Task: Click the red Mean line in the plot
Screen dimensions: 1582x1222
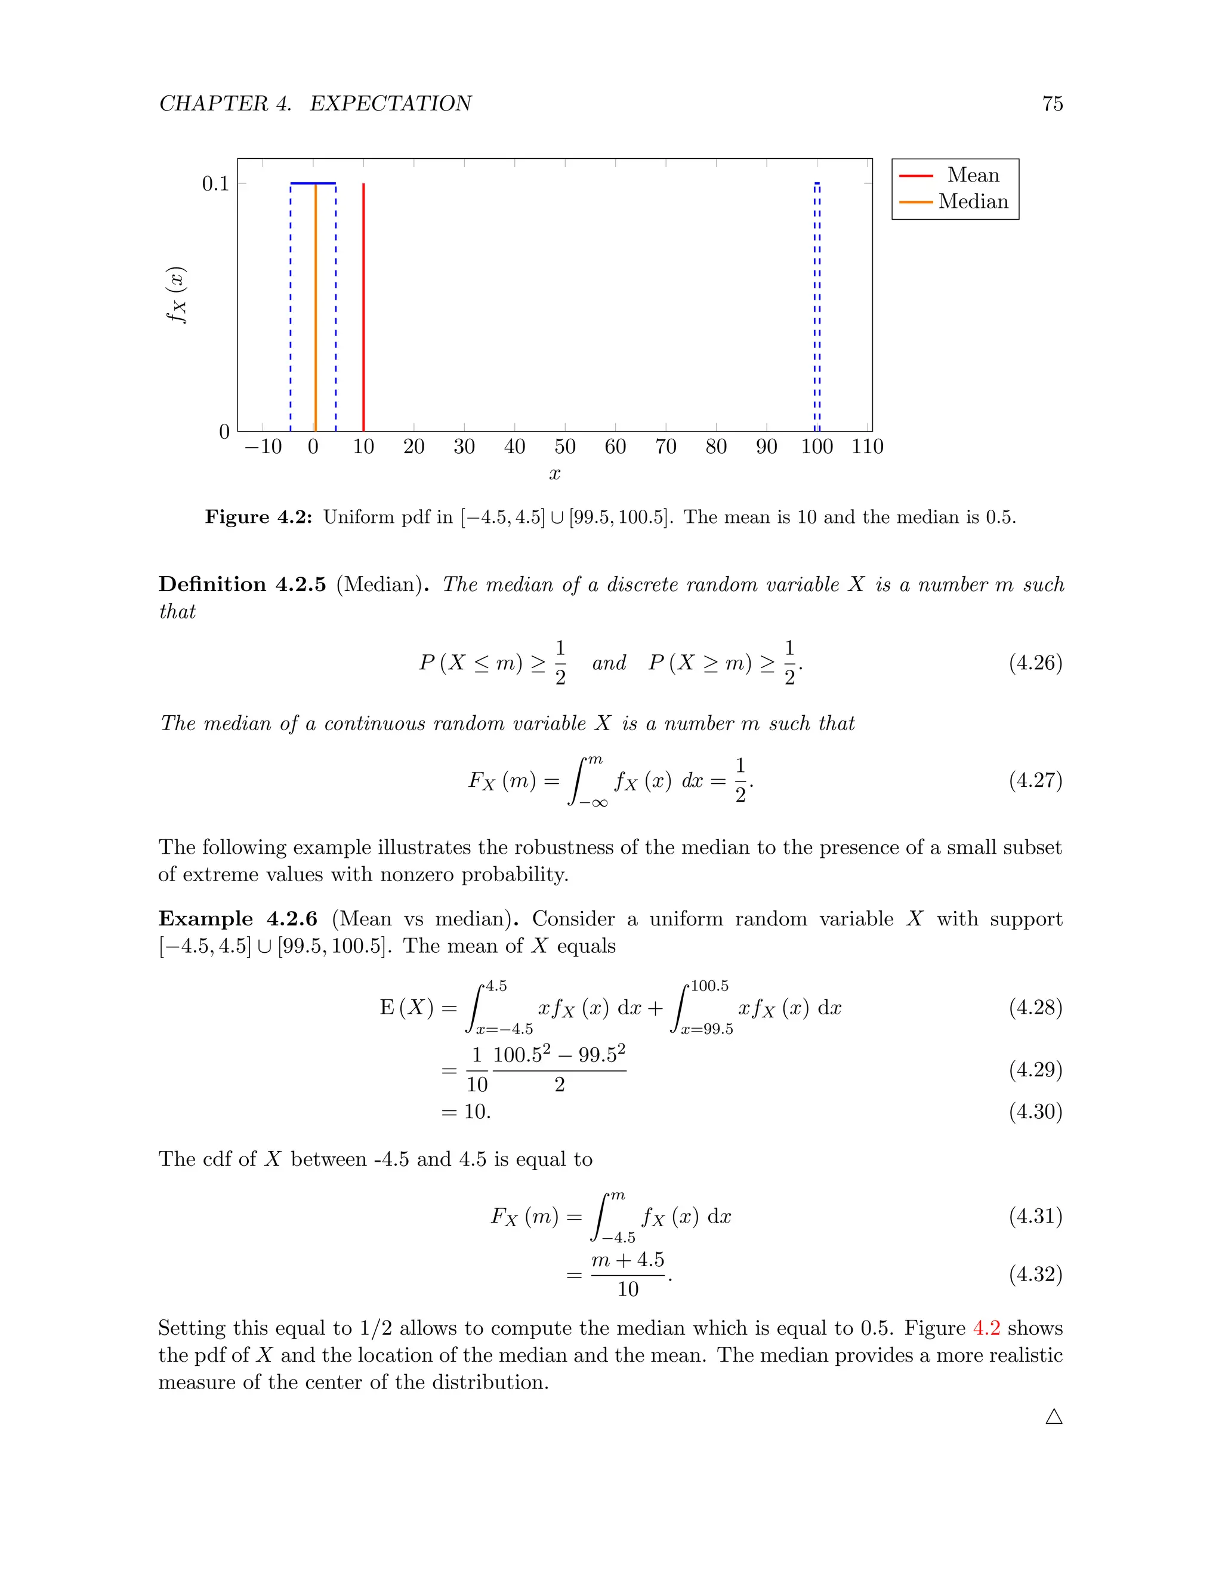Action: [x=363, y=308]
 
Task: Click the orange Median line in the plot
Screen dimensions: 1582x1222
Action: [x=316, y=308]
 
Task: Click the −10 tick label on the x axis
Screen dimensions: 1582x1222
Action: [x=264, y=446]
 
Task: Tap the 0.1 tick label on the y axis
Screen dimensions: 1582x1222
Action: [x=215, y=184]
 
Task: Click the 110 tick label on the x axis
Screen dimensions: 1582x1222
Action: [x=867, y=446]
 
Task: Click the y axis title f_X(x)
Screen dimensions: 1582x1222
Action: [x=177, y=295]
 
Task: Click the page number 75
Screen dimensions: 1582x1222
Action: [x=1052, y=104]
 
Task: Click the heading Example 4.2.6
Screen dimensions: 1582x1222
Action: [x=237, y=919]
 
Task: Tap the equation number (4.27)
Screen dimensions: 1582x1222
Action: [x=1035, y=780]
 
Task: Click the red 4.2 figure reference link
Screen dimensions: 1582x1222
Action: [x=986, y=1328]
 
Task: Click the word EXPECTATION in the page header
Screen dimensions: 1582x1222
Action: [x=391, y=104]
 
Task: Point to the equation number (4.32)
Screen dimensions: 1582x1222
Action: [x=1035, y=1274]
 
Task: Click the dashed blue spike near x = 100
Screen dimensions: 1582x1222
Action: [x=817, y=308]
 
